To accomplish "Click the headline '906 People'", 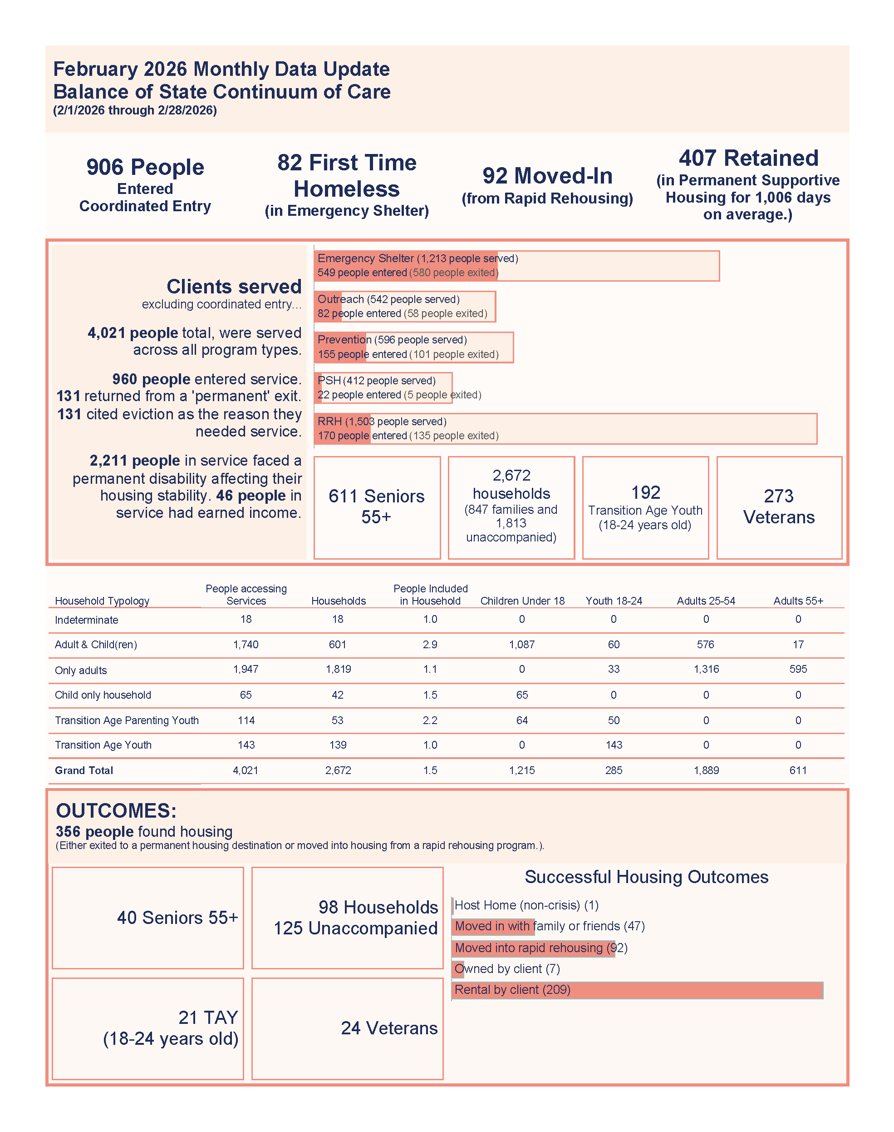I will [x=145, y=167].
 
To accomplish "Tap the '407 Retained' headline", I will [x=748, y=158].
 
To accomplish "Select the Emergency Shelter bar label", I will [x=417, y=258].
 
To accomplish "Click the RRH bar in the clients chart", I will [x=565, y=428].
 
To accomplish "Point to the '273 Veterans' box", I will [x=779, y=506].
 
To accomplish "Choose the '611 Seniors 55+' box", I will [x=376, y=506].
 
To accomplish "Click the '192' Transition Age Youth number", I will [x=645, y=492].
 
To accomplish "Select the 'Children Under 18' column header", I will [x=522, y=601].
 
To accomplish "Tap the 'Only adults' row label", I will [x=81, y=670].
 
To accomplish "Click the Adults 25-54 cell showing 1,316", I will [x=706, y=670].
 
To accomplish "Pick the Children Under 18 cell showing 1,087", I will [x=522, y=644].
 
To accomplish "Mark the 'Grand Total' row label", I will [x=84, y=770].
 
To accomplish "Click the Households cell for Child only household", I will [x=338, y=695].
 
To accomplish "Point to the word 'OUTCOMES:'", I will [x=116, y=810].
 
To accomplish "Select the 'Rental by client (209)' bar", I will [x=637, y=990].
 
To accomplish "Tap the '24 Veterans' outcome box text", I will [x=389, y=1028].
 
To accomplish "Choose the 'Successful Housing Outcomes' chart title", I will [x=646, y=877].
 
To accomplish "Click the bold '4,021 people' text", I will [x=133, y=333].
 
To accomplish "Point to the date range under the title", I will [x=135, y=110].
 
